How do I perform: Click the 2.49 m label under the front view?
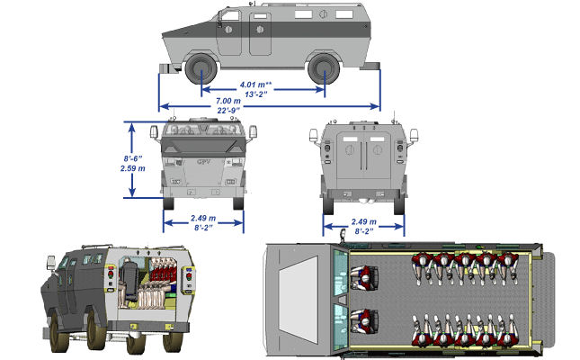click(203, 220)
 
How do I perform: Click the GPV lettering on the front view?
click(203, 163)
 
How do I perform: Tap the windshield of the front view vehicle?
click(203, 133)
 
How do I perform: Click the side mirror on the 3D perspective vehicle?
click(49, 264)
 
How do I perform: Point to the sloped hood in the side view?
click(184, 36)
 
